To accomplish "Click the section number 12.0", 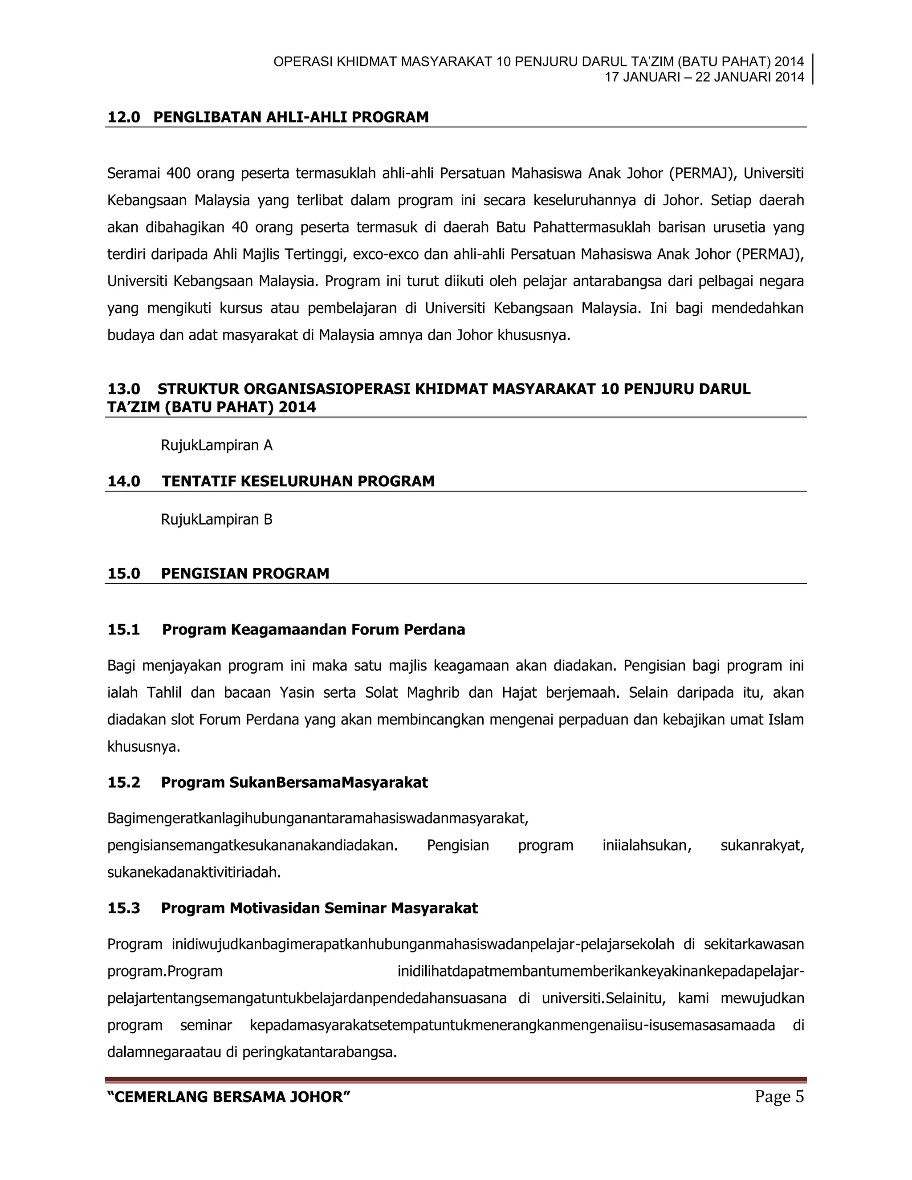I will tap(124, 117).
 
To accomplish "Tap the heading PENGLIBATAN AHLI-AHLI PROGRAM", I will tap(291, 117).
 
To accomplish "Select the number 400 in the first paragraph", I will tap(178, 173).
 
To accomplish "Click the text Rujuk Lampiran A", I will tap(217, 445).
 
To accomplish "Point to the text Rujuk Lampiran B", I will tap(217, 519).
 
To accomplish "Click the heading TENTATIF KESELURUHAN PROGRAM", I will tap(298, 481).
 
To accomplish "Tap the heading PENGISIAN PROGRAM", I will tap(245, 573).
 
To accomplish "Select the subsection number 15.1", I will tap(124, 630).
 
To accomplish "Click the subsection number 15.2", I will tap(124, 782).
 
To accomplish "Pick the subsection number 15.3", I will tap(124, 908).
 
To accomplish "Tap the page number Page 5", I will tap(779, 1096).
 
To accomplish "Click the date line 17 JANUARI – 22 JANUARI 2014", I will tap(704, 77).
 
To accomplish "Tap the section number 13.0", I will tap(124, 389).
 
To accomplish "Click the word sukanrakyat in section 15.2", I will tap(762, 846).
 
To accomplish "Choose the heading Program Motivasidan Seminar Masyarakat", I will tap(319, 908).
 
